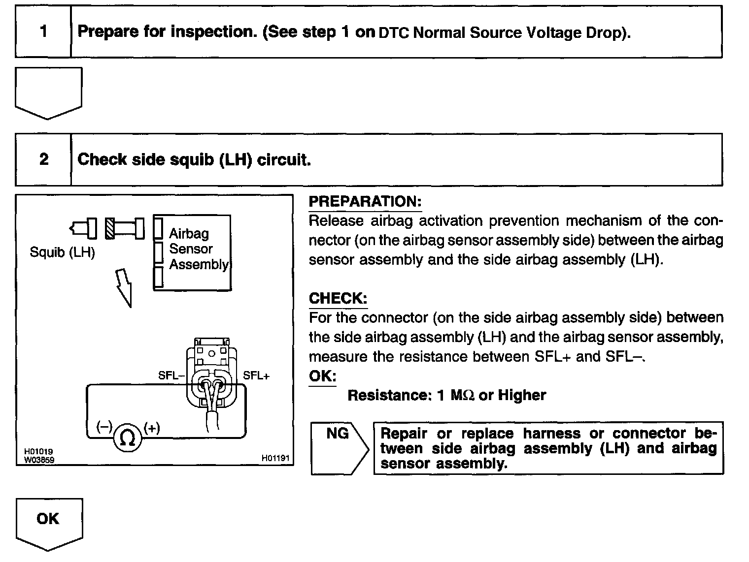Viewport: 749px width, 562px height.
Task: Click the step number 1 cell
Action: tap(43, 31)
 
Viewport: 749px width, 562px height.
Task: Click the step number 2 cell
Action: tap(44, 159)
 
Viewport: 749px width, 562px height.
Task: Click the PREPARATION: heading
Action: tap(365, 202)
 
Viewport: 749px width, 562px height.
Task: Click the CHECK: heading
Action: tap(338, 298)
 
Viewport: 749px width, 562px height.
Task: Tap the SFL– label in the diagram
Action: tap(171, 375)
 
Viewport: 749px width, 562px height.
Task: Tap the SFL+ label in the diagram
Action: tap(256, 375)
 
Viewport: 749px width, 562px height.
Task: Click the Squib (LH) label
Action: tap(62, 252)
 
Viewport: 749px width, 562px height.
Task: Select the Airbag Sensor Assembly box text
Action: tap(199, 249)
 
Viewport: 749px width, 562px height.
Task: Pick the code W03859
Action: tap(39, 460)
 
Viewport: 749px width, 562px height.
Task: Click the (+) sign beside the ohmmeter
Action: tap(152, 428)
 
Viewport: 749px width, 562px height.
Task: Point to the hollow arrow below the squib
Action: tap(125, 288)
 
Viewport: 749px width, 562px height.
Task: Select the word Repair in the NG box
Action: tap(404, 434)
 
